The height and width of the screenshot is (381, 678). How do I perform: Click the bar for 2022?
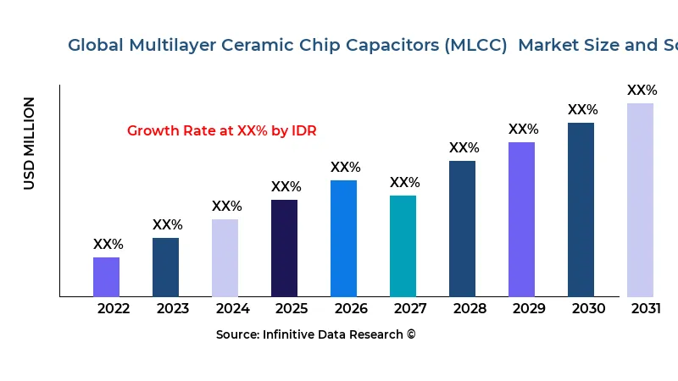coord(106,277)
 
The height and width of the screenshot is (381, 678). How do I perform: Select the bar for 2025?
coord(284,248)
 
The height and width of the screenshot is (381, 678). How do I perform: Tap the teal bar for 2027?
coord(403,246)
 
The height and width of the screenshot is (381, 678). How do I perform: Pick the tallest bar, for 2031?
coord(640,200)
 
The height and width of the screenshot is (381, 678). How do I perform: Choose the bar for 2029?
coord(521,219)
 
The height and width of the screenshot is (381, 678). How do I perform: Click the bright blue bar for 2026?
coord(343,238)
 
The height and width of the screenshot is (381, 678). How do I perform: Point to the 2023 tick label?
coord(173,308)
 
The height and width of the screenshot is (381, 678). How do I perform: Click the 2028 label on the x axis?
coord(470,308)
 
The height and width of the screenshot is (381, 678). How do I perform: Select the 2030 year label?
coord(588,308)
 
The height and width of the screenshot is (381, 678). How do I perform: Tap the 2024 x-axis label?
coord(232,308)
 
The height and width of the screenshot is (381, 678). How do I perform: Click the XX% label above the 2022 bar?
coord(108,244)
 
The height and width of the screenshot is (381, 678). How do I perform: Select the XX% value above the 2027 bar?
coord(405,182)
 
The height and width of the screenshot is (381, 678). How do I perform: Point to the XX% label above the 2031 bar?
coord(642,90)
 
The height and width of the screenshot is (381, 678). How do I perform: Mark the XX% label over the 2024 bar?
coord(227,206)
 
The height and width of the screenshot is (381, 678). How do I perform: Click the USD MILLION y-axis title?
coord(30,143)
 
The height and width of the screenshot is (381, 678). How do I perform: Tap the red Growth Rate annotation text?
coord(222,130)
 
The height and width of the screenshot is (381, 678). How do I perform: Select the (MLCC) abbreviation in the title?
coord(475,45)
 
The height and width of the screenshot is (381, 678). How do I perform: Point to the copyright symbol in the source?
coord(411,334)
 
